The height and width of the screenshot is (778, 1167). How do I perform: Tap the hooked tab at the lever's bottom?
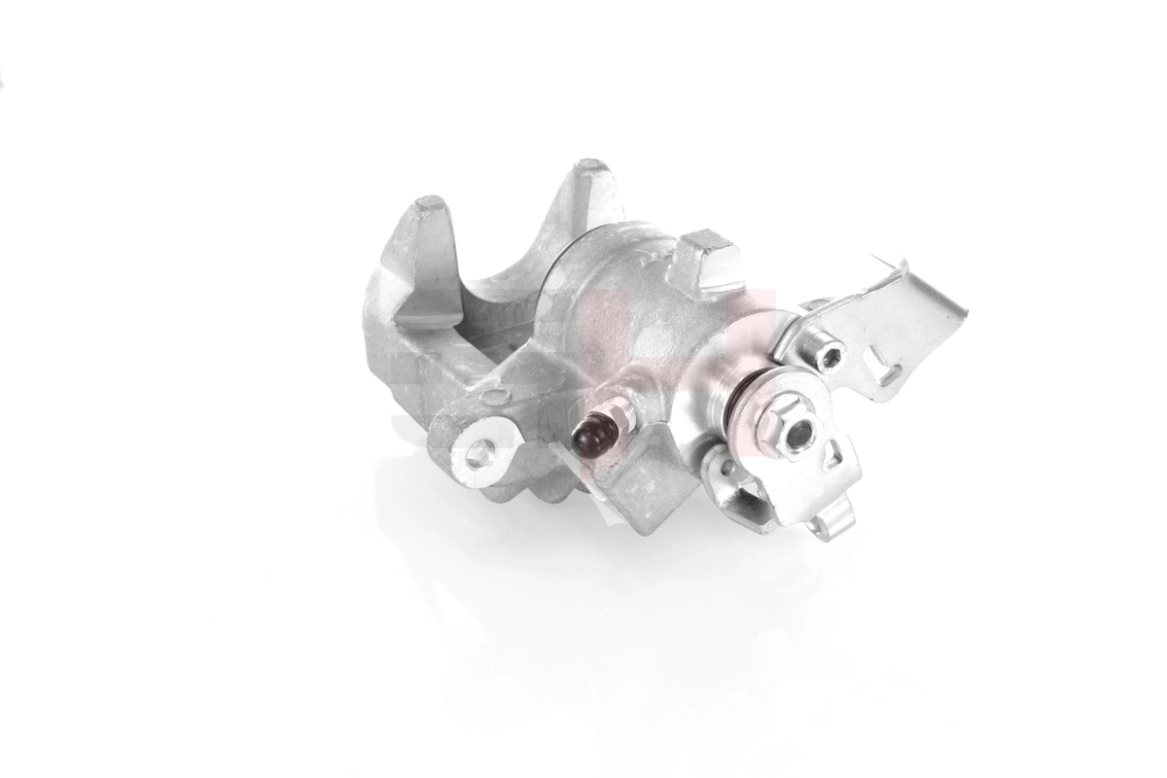(x=833, y=526)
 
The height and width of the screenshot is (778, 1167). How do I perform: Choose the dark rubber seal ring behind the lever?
(x=740, y=400)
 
